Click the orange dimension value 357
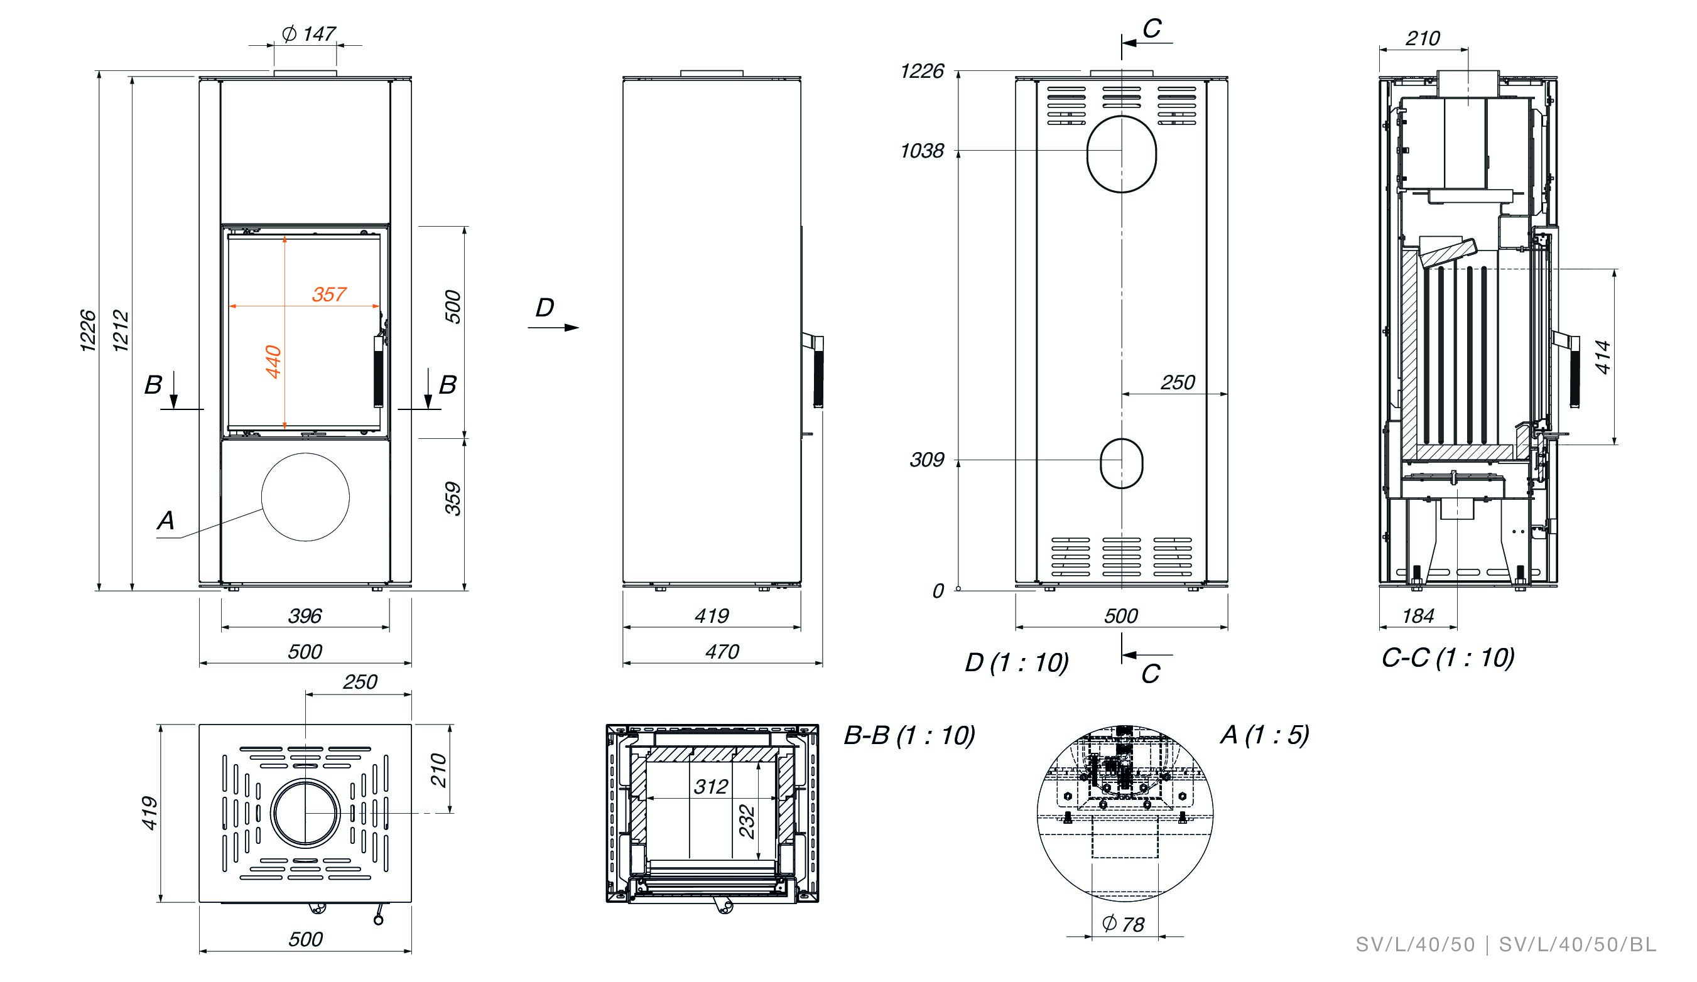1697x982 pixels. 329,294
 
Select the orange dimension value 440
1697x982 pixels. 273,362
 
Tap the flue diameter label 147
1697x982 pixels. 318,34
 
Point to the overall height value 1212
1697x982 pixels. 121,330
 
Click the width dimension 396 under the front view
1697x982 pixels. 305,615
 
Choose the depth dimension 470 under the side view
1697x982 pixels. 722,651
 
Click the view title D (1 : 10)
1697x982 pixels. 1016,663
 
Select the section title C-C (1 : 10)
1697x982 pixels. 1448,657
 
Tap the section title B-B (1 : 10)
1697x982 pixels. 909,735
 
